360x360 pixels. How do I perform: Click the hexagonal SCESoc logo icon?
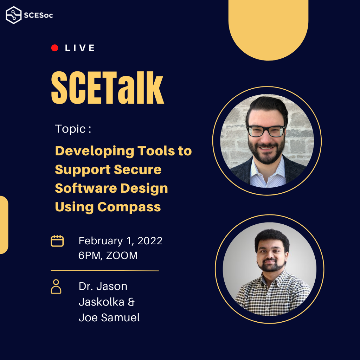point(14,15)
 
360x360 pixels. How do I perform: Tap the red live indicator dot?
point(54,48)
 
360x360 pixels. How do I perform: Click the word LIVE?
point(80,48)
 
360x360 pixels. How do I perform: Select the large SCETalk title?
point(108,88)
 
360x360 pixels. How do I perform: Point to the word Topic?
point(70,129)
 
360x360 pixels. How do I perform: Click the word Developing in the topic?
point(95,152)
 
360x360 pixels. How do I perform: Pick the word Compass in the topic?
point(129,207)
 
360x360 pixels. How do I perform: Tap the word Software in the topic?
point(86,188)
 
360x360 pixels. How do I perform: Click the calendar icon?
point(57,241)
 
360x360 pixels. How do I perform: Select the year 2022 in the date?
point(150,241)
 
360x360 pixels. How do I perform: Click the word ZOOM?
point(122,256)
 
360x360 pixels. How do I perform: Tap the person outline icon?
point(56,287)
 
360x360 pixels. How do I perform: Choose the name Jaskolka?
point(102,302)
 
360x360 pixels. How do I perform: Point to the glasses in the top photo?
point(266,131)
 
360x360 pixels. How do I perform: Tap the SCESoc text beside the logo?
point(38,15)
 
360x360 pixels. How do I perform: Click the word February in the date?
point(101,241)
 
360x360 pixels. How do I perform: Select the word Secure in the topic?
point(137,170)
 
